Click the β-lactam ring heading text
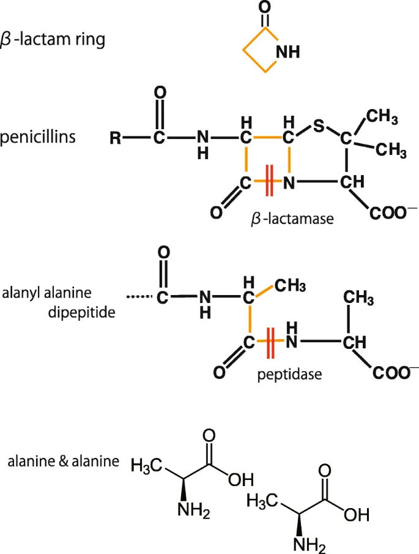coord(61,40)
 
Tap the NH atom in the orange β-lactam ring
coord(288,53)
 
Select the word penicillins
coord(39,136)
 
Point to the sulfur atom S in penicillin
coord(317,127)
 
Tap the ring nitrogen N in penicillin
coord(290,182)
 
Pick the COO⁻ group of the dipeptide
coord(392,372)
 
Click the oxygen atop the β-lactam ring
coord(264,8)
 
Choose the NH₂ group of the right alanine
coord(309,544)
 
